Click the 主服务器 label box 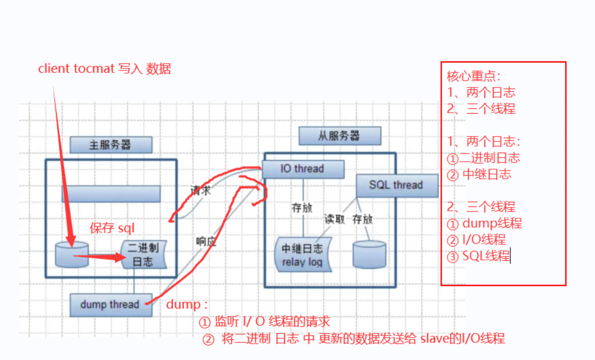tap(111, 145)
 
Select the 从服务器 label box tap(340, 136)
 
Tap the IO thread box tap(303, 169)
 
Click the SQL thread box tap(397, 185)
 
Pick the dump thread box tap(110, 305)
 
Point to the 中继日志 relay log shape tap(303, 255)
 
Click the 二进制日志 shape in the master tap(144, 255)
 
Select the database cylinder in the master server tap(72, 255)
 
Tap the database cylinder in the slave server tap(369, 255)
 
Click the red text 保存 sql tap(112, 228)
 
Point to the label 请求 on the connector tap(200, 191)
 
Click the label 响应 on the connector tap(206, 241)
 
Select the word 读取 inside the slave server tap(334, 219)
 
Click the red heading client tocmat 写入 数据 tap(104, 69)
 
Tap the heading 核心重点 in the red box tap(473, 76)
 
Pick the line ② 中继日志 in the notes tap(479, 174)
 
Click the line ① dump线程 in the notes tap(485, 224)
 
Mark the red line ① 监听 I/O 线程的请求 tap(264, 322)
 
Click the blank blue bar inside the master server tap(111, 194)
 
